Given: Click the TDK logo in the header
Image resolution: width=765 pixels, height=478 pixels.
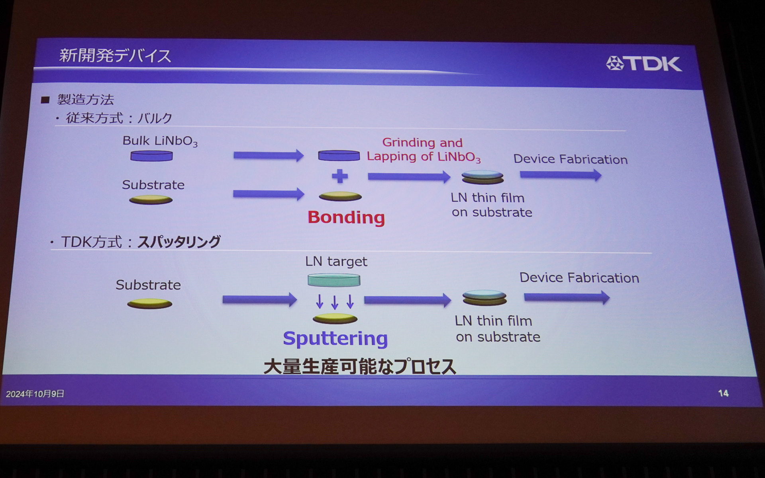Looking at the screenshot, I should (x=644, y=64).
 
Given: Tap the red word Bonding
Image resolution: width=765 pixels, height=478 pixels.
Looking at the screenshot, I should (x=346, y=217).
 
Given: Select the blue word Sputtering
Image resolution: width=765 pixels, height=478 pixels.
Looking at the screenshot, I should (x=335, y=339).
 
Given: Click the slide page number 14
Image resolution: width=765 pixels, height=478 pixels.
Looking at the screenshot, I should (x=723, y=393).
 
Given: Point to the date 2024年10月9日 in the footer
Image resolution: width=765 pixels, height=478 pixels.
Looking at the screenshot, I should (x=35, y=394).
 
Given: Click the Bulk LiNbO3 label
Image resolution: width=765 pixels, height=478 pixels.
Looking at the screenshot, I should (x=160, y=141).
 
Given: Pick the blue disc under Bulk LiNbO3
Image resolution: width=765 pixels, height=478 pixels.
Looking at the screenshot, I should (x=151, y=156).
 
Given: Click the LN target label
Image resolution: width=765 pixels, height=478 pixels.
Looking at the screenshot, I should (x=336, y=261).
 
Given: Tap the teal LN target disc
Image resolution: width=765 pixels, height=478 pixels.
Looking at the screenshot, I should (x=334, y=280).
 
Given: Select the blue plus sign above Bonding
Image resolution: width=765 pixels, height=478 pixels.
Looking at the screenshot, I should (x=340, y=176).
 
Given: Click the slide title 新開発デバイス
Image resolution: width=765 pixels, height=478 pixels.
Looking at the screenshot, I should (x=115, y=56).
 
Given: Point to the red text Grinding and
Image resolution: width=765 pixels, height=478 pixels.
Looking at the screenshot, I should (x=422, y=143).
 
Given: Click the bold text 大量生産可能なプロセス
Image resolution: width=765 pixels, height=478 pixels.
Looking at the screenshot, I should (x=359, y=366).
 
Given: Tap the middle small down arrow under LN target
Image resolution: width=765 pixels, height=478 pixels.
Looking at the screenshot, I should (x=335, y=302).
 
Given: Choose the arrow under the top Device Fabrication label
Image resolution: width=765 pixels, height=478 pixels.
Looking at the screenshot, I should (x=561, y=175).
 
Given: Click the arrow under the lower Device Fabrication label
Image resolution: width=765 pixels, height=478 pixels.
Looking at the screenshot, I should (x=567, y=297).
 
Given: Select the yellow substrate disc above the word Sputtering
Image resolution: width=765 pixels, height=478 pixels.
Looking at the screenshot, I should (x=335, y=319).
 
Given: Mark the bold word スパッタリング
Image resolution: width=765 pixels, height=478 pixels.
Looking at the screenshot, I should (x=179, y=242).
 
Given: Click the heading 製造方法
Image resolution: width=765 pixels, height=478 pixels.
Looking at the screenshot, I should (x=86, y=100).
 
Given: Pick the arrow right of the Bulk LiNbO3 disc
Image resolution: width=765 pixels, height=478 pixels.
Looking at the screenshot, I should (x=268, y=155).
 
